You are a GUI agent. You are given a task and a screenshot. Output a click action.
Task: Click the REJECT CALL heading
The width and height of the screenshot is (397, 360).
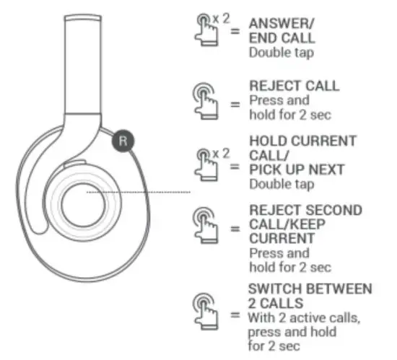point(293,86)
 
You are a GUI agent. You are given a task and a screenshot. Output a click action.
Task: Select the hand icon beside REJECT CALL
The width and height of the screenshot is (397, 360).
point(207,100)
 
